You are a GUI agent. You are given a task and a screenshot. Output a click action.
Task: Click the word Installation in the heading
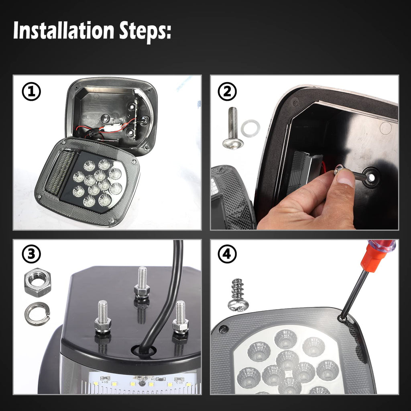(63, 31)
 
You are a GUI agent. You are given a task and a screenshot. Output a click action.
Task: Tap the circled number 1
(31, 92)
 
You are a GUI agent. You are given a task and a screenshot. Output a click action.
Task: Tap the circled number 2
(227, 92)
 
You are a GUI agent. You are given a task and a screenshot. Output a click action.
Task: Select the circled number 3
(31, 254)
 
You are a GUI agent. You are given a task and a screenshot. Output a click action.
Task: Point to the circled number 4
(227, 254)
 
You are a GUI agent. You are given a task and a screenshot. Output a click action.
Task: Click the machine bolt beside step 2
(233, 128)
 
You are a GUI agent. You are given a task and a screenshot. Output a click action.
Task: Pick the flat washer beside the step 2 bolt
(250, 128)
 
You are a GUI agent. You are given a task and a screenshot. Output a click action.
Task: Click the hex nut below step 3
(38, 282)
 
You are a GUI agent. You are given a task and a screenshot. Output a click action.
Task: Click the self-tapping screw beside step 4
(238, 295)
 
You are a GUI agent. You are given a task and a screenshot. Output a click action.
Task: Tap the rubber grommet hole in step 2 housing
(371, 177)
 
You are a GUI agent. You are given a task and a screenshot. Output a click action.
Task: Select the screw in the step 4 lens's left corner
(224, 329)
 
